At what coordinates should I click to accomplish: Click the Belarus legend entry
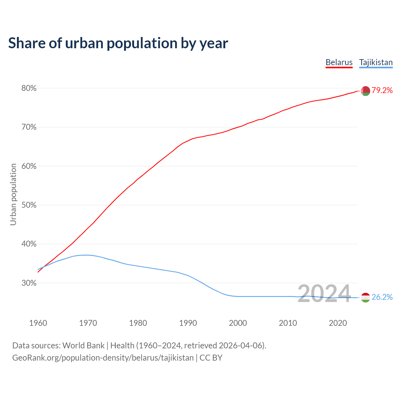[x=339, y=62]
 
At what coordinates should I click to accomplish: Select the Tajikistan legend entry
[x=376, y=62]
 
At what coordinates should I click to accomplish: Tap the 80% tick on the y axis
[x=29, y=88]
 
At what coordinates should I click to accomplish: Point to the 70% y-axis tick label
[x=29, y=127]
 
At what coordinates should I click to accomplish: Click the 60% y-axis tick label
[x=29, y=166]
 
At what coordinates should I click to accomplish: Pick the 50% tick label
[x=29, y=205]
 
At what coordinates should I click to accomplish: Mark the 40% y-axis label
[x=29, y=244]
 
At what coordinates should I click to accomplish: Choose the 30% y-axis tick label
[x=29, y=283]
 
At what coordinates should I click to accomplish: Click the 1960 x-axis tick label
[x=38, y=323]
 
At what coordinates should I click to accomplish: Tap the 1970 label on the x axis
[x=88, y=323]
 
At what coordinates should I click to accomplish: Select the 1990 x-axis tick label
[x=188, y=323]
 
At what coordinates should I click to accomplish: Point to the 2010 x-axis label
[x=288, y=323]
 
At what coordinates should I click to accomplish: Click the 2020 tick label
[x=338, y=323]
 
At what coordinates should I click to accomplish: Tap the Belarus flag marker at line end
[x=365, y=91]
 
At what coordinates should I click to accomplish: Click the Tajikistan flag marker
[x=365, y=297]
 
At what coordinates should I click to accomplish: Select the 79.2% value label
[x=382, y=91]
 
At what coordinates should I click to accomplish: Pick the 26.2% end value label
[x=382, y=297]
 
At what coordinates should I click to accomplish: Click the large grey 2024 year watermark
[x=324, y=294]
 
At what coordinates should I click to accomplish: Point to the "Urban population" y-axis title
[x=13, y=194]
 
